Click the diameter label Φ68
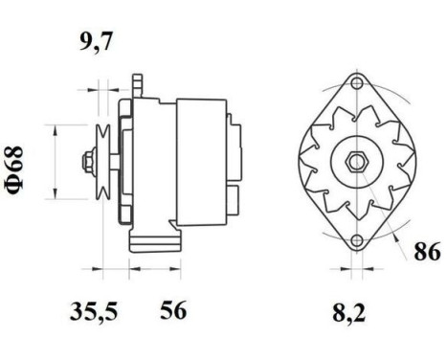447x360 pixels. (16, 169)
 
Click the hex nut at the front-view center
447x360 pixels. (355, 161)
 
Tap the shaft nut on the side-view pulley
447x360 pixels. (90, 160)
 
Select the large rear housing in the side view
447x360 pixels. (201, 160)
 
